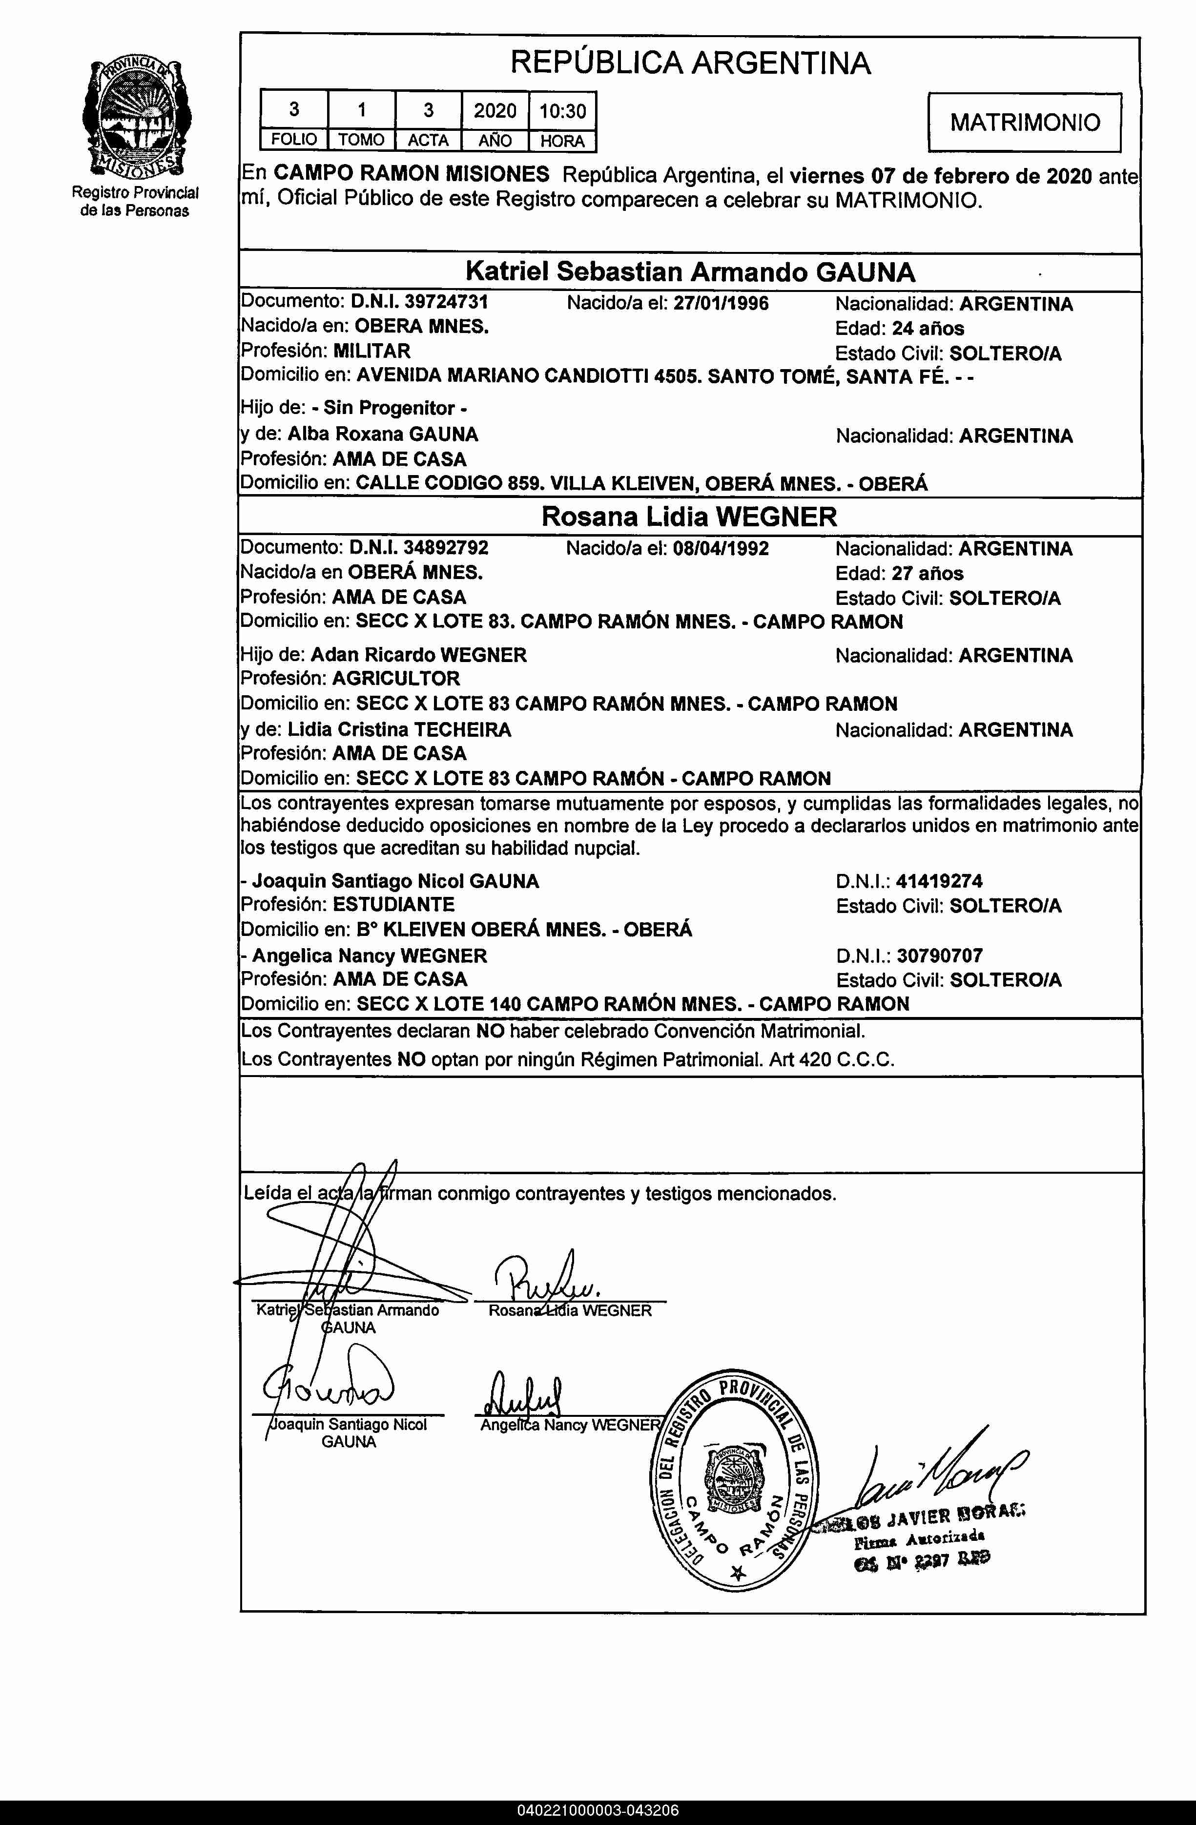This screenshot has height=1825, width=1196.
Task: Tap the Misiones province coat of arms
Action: point(137,119)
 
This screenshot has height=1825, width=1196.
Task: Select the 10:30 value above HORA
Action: point(562,111)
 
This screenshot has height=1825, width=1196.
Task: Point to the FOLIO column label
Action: point(294,140)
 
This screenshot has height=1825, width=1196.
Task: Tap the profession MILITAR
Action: point(371,351)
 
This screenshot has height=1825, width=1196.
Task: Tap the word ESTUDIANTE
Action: point(393,905)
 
